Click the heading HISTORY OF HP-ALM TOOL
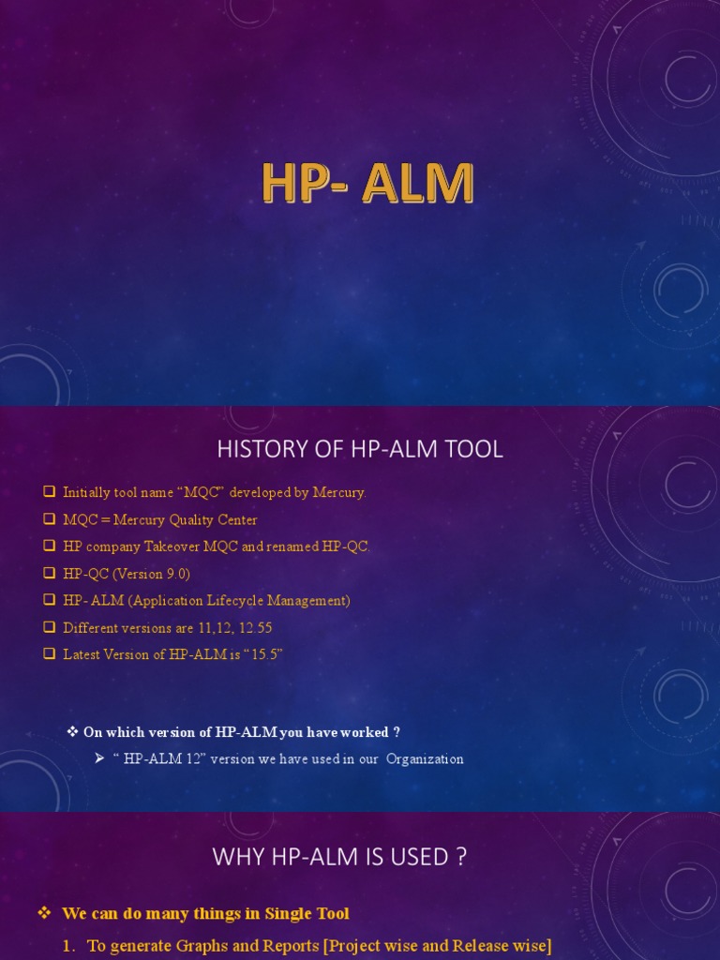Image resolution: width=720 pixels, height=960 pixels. (x=360, y=449)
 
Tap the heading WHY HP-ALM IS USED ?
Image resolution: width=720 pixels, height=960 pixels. (x=339, y=856)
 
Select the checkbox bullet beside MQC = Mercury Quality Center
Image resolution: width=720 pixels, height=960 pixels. (x=49, y=519)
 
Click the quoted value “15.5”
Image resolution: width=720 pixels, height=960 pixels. (x=262, y=654)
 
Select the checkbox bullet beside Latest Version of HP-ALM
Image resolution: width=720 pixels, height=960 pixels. (x=49, y=654)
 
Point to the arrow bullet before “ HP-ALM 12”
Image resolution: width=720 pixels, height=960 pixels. (x=98, y=758)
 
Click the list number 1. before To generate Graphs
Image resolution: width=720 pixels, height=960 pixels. (x=68, y=946)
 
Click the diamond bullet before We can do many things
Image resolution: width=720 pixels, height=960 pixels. (x=43, y=913)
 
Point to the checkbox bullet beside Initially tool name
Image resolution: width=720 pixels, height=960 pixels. (x=49, y=492)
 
